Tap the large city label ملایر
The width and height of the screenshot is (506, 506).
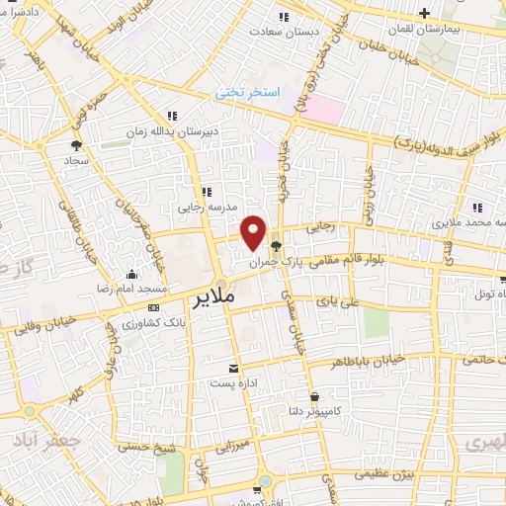coord(216,296)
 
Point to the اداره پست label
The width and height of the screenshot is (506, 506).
coord(233,382)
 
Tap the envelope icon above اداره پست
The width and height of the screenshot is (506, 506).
coord(234,367)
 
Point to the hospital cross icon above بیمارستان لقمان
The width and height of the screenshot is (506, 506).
coord(424,13)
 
